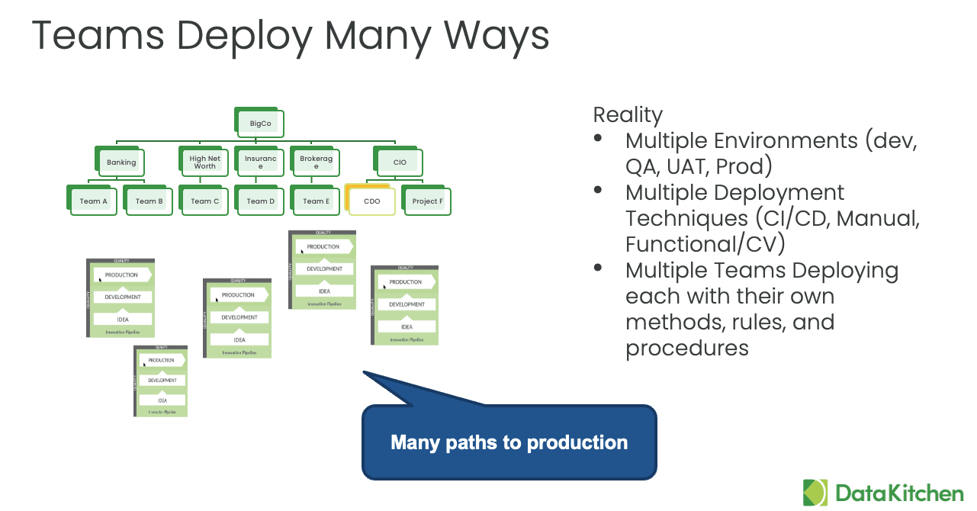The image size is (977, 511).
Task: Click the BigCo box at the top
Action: pyautogui.click(x=261, y=123)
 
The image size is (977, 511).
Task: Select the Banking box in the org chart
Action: pyautogui.click(x=121, y=162)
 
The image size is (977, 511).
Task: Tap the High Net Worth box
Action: pyautogui.click(x=204, y=162)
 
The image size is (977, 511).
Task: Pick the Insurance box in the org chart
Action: pyautogui.click(x=260, y=162)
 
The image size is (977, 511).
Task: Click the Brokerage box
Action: pyautogui.click(x=316, y=162)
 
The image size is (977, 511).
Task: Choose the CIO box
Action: pyautogui.click(x=400, y=162)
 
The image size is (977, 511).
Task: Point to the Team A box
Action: pyautogui.click(x=94, y=201)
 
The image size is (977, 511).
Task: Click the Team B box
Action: pyautogui.click(x=149, y=201)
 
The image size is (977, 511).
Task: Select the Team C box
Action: pyautogui.click(x=204, y=201)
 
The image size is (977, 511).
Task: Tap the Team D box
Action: pyautogui.click(x=260, y=201)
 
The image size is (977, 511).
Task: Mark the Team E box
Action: pyautogui.click(x=316, y=201)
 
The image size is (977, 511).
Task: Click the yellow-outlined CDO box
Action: pyautogui.click(x=371, y=201)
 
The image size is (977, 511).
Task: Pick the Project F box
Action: pyautogui.click(x=427, y=201)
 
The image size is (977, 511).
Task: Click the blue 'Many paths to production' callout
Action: pyautogui.click(x=509, y=442)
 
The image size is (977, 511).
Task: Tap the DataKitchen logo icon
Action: pyautogui.click(x=815, y=493)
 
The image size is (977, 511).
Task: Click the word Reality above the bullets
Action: pyautogui.click(x=628, y=115)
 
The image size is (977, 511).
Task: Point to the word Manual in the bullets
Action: pyautogui.click(x=878, y=219)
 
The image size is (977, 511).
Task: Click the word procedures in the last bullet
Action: pyautogui.click(x=686, y=349)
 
